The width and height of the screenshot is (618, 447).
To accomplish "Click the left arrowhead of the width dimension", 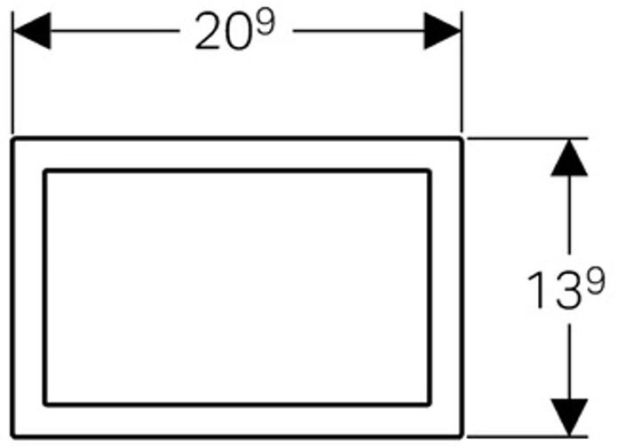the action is point(30,32).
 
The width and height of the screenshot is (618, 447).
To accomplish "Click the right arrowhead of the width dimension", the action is point(441,32).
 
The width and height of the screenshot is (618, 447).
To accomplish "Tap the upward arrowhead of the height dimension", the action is point(569,158).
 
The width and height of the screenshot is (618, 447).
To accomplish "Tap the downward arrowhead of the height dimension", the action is point(569,417).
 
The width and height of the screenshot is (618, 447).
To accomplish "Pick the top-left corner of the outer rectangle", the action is point(13,139).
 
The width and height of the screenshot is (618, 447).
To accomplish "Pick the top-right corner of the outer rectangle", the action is point(461,139).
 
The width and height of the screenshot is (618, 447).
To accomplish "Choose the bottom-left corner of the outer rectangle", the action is point(13,435).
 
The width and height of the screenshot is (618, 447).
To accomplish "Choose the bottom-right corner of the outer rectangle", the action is point(461,435).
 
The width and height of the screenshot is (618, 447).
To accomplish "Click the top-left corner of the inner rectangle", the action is point(44,170).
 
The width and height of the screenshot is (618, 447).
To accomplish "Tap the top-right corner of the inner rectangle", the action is point(431,170).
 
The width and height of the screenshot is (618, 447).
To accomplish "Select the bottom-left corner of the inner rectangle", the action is point(44,404).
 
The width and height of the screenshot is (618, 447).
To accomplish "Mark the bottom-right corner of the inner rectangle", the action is point(431,404).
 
